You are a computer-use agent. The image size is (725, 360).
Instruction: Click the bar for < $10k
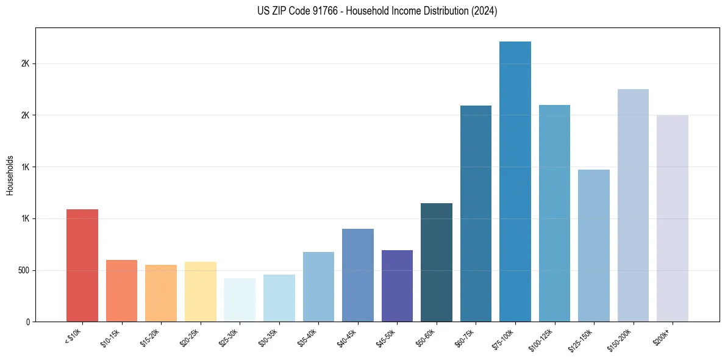(82, 265)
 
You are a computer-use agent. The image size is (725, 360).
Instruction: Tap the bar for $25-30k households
(240, 300)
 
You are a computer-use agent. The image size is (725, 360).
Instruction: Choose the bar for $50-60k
(437, 262)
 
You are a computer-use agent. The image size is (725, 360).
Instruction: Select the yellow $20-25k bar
(201, 292)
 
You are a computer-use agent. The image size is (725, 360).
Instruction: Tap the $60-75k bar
(476, 214)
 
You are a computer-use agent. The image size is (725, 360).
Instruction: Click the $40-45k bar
(358, 275)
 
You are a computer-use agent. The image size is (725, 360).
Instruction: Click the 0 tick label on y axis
(28, 322)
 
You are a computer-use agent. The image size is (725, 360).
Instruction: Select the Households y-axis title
(10, 175)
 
